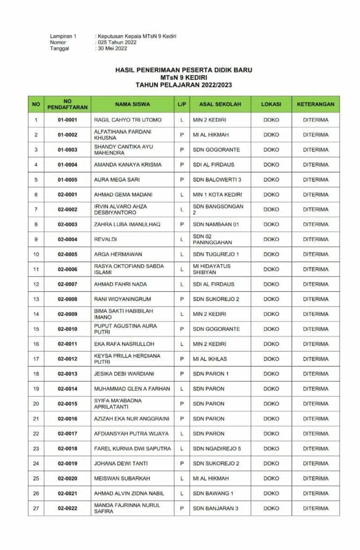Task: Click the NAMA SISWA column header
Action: [x=132, y=104]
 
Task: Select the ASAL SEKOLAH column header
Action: [x=220, y=104]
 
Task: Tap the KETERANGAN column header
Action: [x=315, y=104]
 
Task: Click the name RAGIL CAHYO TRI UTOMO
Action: [x=127, y=120]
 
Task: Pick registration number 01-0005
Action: [x=68, y=179]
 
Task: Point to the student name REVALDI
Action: [x=105, y=239]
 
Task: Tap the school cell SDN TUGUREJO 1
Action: [x=215, y=254]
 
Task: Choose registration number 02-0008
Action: [x=68, y=299]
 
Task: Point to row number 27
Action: [x=36, y=508]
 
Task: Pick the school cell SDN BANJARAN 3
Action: [x=215, y=508]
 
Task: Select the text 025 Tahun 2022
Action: [x=117, y=42]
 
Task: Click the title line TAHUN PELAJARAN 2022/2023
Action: [x=183, y=85]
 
